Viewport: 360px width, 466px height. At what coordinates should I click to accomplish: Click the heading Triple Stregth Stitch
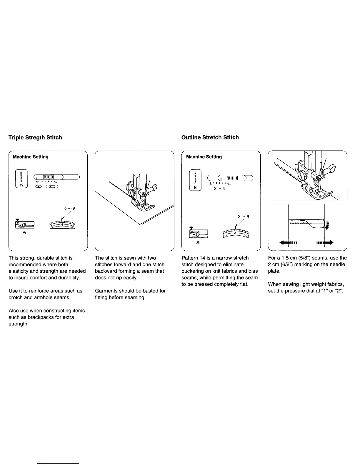click(35, 137)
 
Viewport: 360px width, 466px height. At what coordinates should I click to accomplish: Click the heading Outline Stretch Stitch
click(210, 137)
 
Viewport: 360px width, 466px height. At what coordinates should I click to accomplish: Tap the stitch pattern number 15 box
click(21, 179)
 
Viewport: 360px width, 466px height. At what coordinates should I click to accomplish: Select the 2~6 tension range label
click(70, 209)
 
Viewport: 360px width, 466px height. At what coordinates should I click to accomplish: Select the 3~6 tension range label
click(243, 217)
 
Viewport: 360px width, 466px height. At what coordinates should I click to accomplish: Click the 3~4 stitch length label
click(219, 189)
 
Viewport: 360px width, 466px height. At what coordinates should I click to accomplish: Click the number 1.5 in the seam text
click(285, 258)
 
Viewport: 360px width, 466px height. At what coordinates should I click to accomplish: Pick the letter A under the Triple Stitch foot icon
click(24, 232)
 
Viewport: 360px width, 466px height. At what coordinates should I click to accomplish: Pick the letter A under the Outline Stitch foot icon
click(198, 243)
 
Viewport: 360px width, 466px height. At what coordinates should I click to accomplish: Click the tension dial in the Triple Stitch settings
click(62, 225)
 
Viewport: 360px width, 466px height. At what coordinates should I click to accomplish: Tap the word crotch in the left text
click(16, 297)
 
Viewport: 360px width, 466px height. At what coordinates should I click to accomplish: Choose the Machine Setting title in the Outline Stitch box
click(204, 157)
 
